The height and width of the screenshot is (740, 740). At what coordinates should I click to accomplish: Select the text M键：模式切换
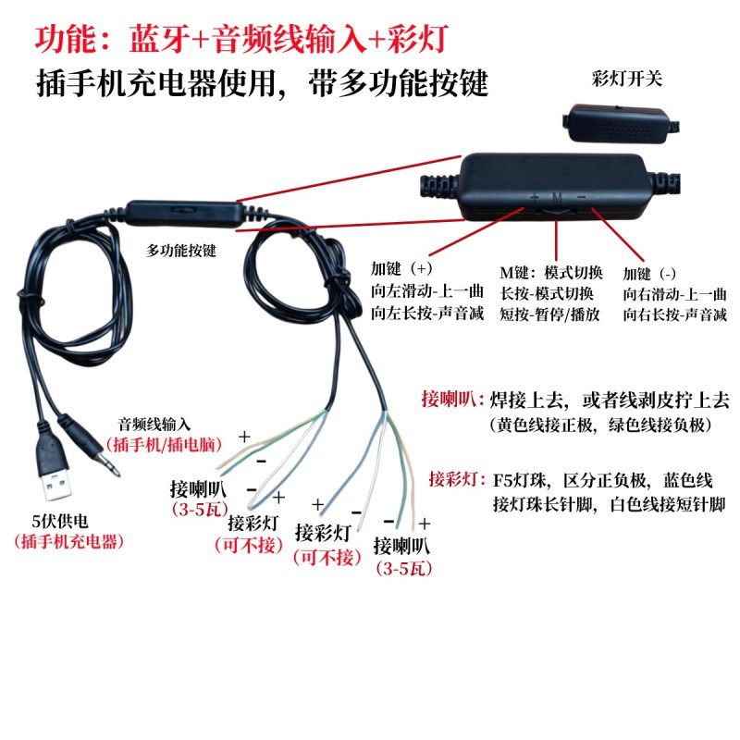point(551,273)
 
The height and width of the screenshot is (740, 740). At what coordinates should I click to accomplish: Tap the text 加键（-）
point(650,274)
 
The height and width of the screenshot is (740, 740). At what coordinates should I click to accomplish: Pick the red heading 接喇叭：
point(450,400)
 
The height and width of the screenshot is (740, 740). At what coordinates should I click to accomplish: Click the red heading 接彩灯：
point(457,479)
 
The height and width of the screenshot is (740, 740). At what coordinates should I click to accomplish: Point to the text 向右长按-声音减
point(675,314)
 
